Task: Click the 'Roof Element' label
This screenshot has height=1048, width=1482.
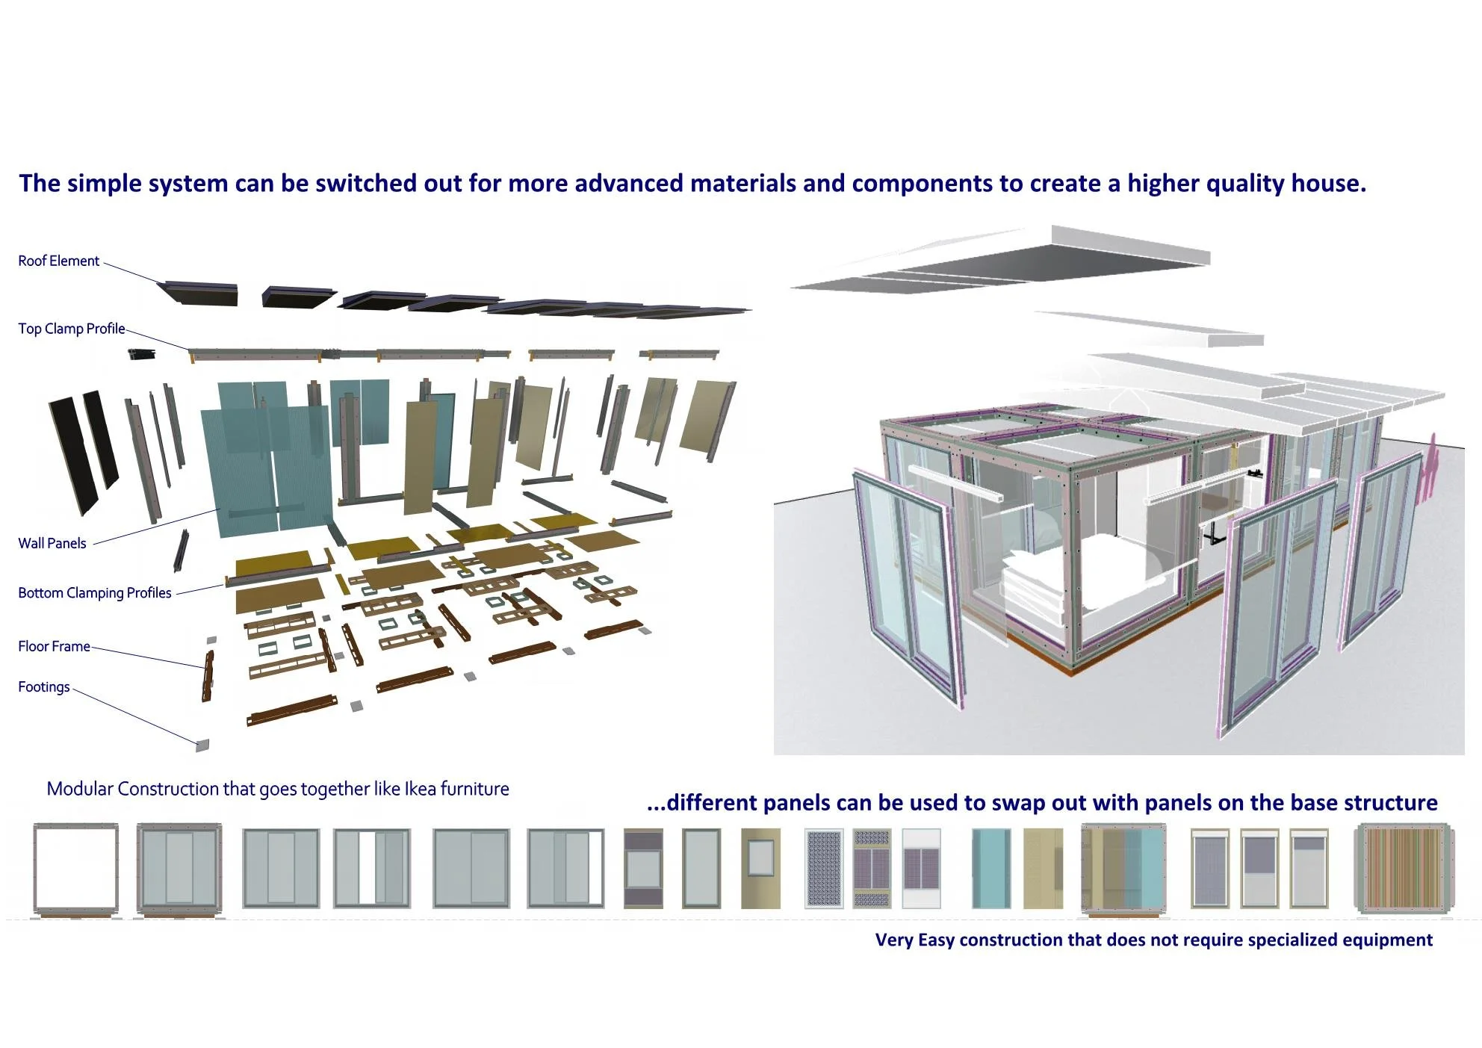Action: click(58, 261)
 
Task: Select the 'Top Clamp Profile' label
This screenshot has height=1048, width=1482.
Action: click(71, 329)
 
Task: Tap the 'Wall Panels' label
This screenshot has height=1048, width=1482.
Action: click(52, 543)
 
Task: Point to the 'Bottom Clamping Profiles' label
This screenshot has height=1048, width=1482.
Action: click(94, 592)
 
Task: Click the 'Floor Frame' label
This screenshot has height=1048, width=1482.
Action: click(54, 646)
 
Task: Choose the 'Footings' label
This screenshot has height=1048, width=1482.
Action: click(43, 686)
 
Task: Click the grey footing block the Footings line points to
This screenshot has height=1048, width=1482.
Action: click(202, 745)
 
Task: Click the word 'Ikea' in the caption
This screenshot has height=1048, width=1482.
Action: click(420, 789)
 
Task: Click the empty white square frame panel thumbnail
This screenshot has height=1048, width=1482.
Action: click(75, 867)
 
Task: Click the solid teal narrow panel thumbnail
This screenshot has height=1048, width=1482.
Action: click(991, 868)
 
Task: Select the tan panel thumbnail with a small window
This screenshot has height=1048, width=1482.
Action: click(760, 868)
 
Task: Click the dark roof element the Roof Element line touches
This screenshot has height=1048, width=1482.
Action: click(200, 292)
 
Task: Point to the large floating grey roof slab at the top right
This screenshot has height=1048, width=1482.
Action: click(1046, 258)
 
